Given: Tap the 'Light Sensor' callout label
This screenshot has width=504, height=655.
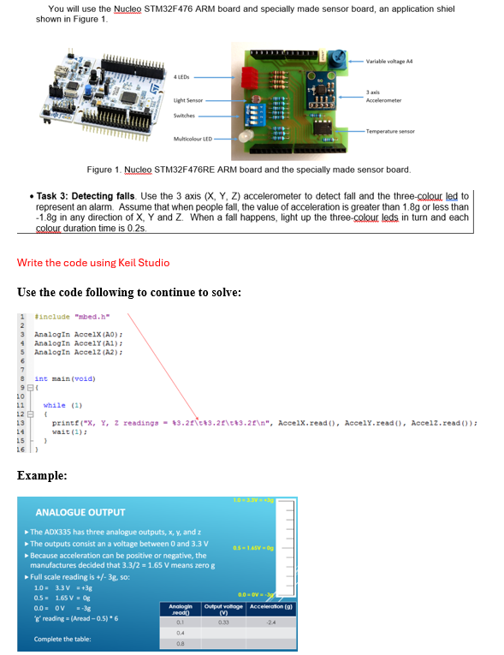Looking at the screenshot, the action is [187, 99].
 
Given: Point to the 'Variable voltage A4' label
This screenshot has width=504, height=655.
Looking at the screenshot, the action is [391, 62].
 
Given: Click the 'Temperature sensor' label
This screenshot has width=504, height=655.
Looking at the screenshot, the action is [390, 131].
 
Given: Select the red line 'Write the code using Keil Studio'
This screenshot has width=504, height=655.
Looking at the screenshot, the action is [92, 262].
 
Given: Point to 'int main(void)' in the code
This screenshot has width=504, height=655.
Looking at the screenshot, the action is [64, 378].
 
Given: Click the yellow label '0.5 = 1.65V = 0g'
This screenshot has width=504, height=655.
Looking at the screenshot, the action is [257, 548].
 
